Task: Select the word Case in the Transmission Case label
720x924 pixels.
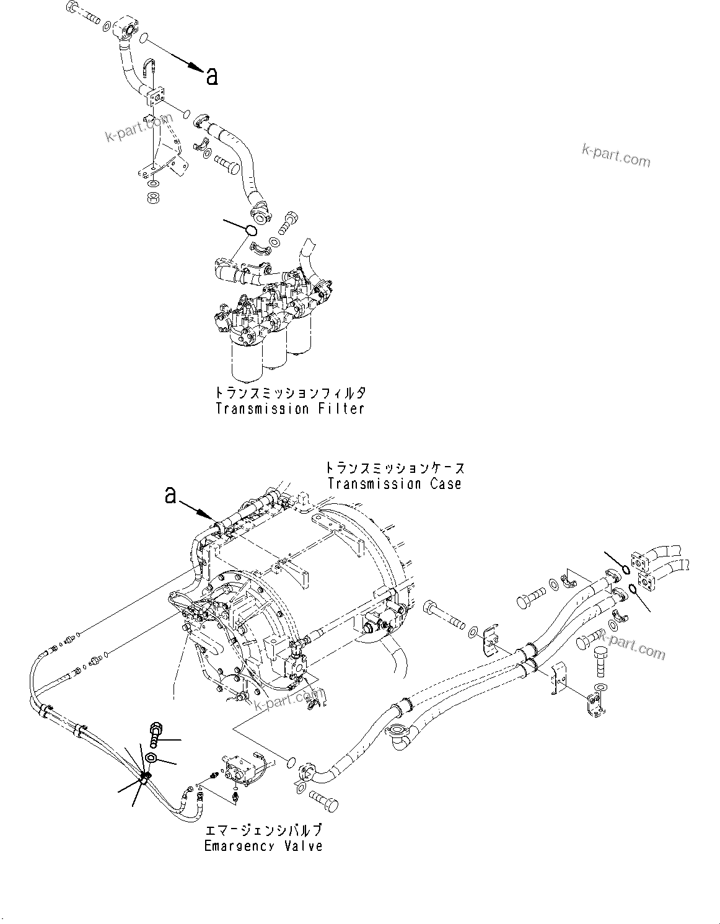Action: pyautogui.click(x=441, y=484)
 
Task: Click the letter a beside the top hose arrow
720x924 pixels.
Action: pyautogui.click(x=212, y=76)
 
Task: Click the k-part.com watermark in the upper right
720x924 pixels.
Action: pyautogui.click(x=616, y=156)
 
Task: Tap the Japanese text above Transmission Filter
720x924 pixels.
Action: pyautogui.click(x=290, y=393)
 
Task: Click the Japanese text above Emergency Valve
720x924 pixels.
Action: pyautogui.click(x=263, y=830)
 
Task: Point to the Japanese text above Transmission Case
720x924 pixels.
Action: pyautogui.click(x=394, y=468)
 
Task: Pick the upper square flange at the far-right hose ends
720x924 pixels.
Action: pyautogui.click(x=639, y=560)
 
